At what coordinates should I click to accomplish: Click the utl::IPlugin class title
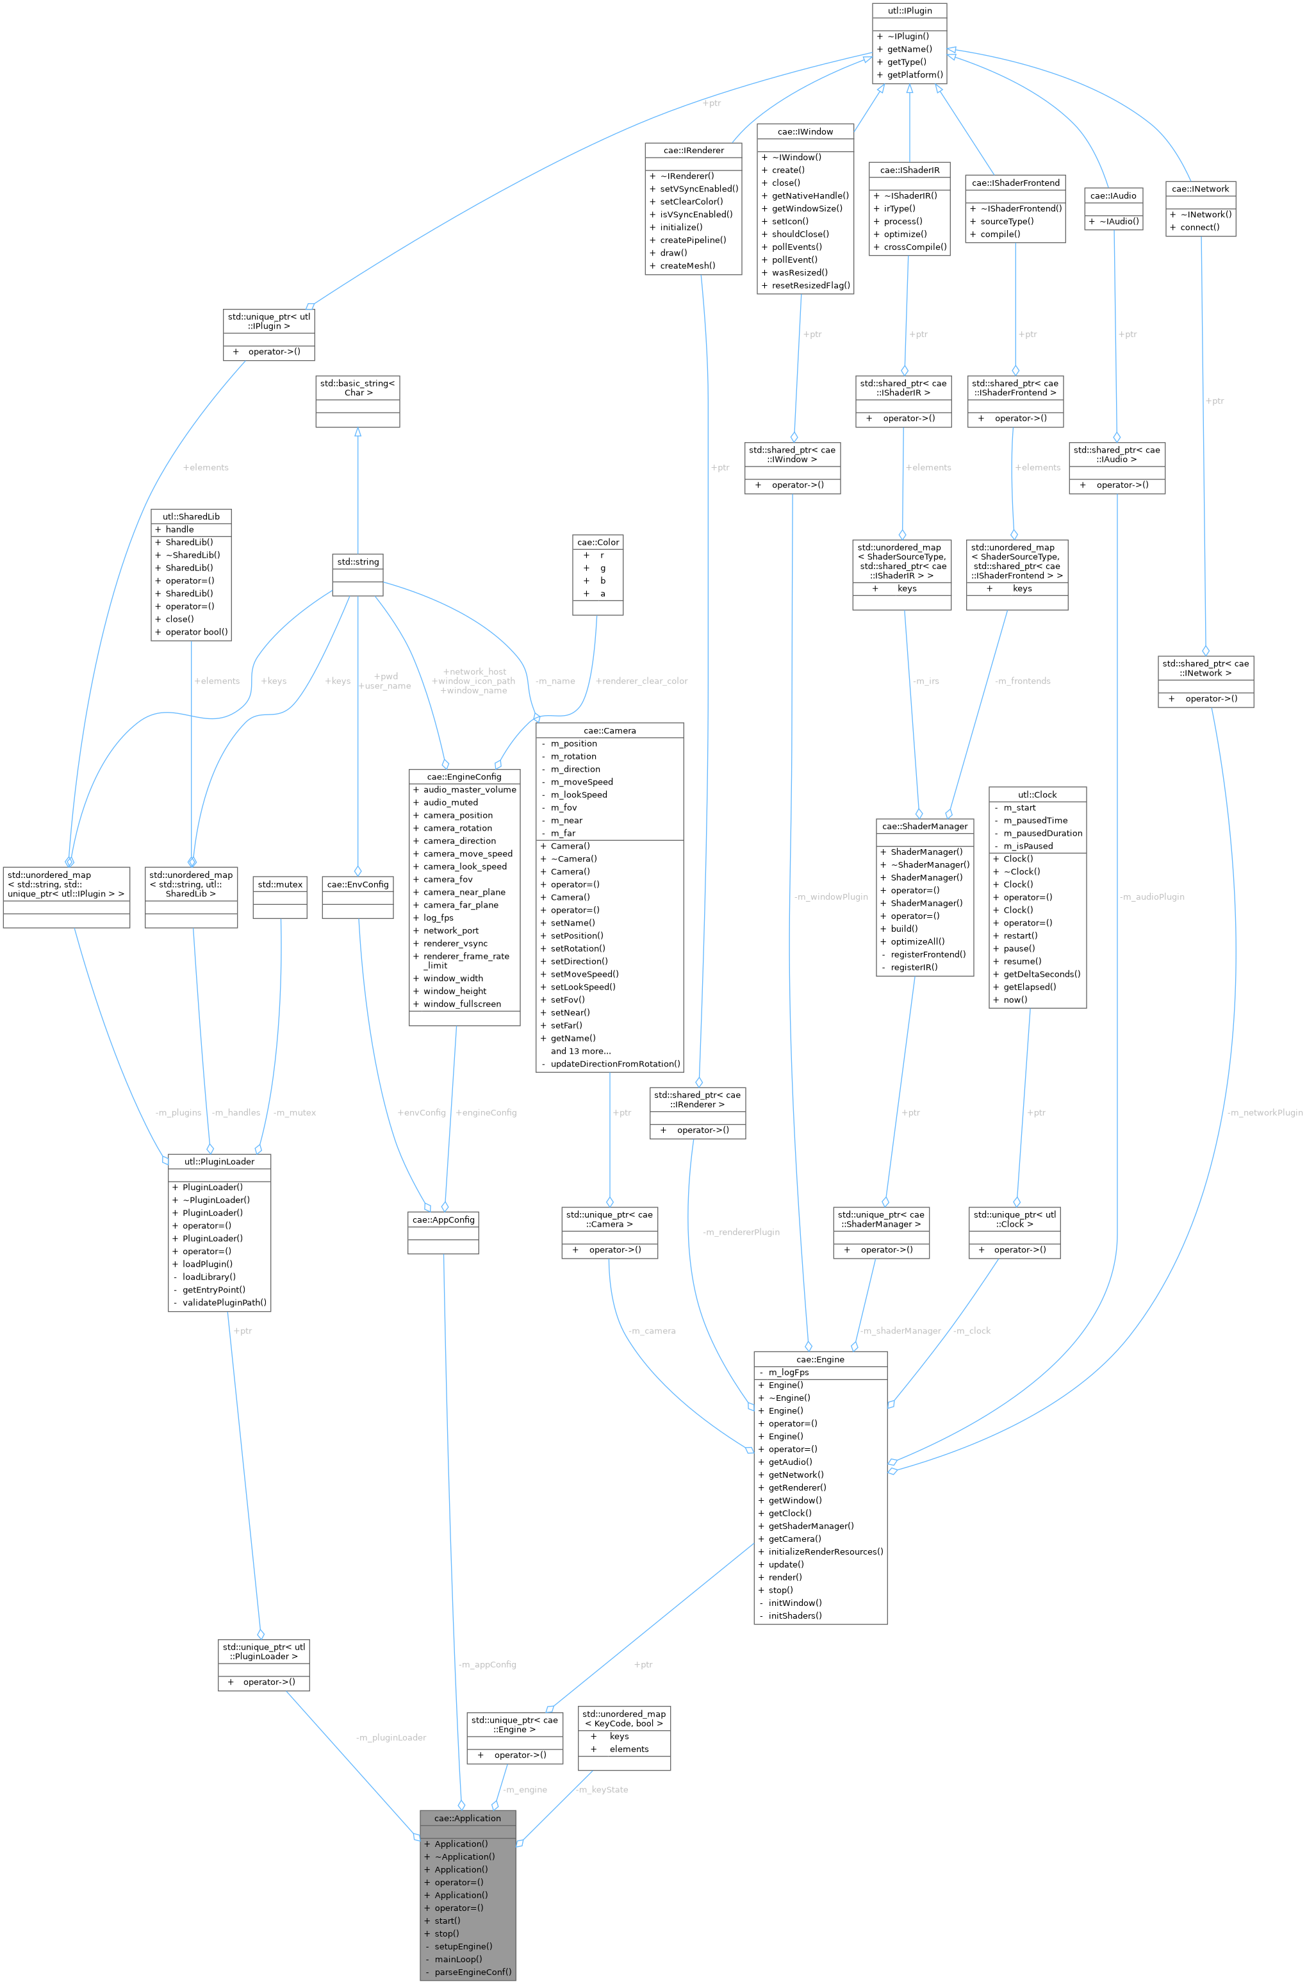click(908, 11)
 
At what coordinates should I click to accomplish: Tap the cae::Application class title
click(468, 1818)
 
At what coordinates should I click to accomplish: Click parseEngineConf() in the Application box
click(473, 1972)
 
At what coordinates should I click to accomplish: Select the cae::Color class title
click(598, 542)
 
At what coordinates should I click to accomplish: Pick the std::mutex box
click(280, 884)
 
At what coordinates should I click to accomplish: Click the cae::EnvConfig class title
click(358, 884)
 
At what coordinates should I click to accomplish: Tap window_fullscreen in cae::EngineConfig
click(462, 1004)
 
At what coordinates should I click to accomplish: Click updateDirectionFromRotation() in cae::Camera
click(615, 1064)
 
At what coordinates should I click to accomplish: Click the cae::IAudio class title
click(1113, 196)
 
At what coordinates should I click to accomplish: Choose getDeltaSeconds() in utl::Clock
click(1041, 973)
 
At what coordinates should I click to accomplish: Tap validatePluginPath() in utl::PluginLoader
click(224, 1302)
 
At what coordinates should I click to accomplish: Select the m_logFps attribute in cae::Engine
click(787, 1372)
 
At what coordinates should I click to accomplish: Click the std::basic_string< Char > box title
click(358, 388)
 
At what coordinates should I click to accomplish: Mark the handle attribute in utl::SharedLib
click(179, 529)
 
